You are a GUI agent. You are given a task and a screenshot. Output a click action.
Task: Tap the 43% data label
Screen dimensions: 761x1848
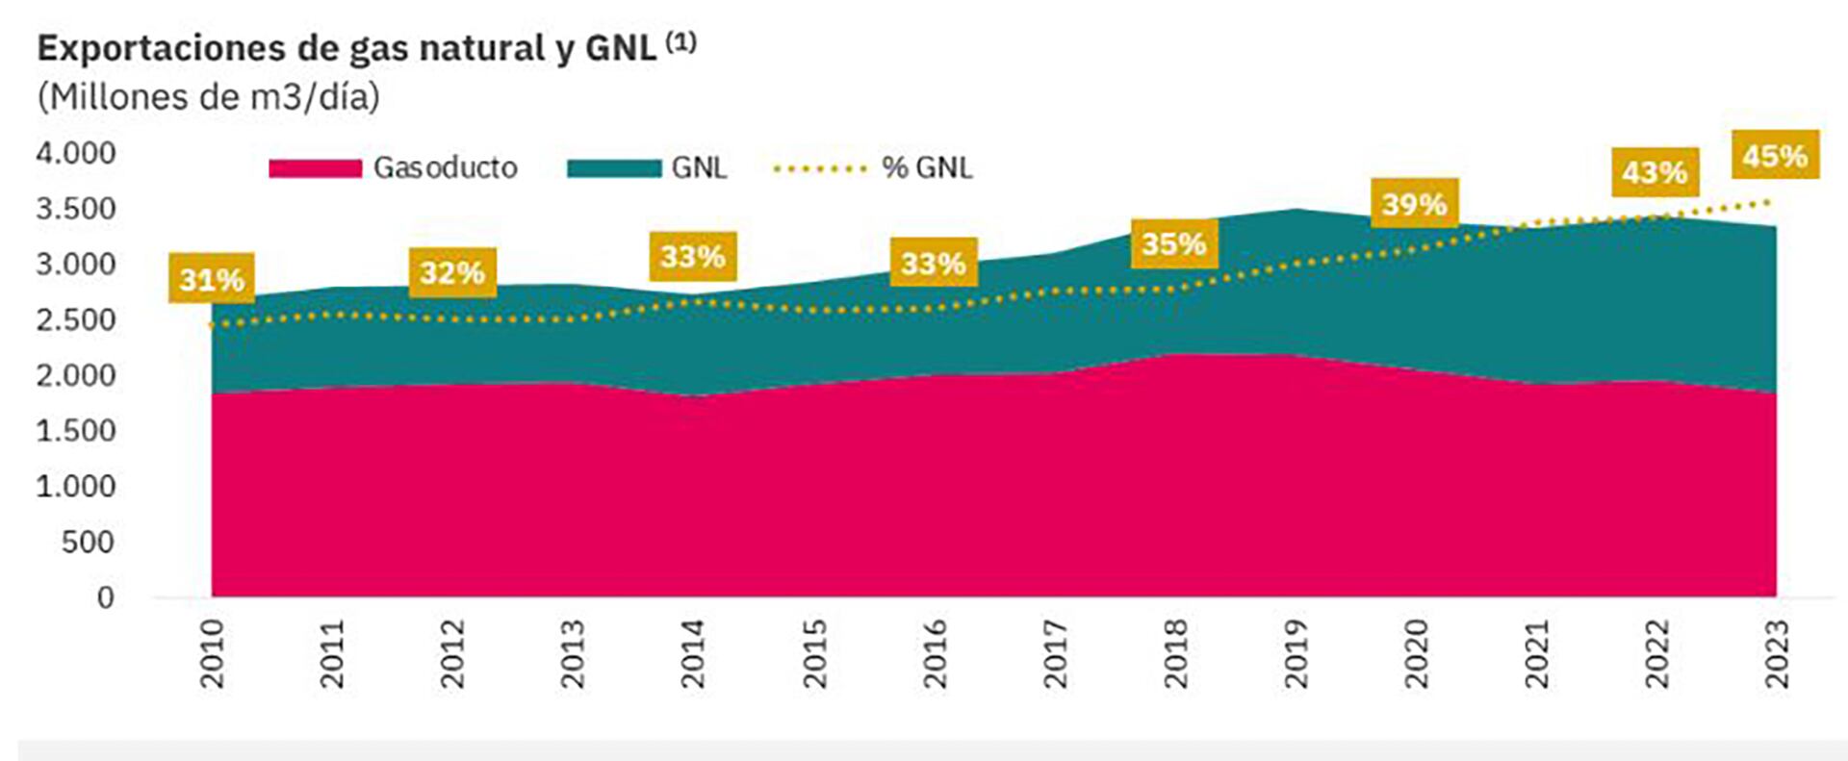(1655, 172)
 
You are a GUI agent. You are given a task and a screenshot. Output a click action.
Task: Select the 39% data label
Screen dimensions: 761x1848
(1414, 203)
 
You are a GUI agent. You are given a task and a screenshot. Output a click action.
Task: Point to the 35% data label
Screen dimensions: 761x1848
(1173, 243)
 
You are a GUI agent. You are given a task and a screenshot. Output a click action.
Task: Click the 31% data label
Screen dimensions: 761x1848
(212, 279)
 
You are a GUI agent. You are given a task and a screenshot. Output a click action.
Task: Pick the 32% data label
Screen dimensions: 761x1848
(452, 272)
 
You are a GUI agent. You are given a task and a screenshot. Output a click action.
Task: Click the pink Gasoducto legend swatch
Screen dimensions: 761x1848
(315, 168)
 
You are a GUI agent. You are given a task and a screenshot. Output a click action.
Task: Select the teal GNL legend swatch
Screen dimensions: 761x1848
(613, 168)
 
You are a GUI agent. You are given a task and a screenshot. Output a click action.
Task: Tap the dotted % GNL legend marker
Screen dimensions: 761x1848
(820, 168)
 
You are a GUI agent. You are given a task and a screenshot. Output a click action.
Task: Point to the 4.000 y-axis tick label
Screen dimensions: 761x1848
(76, 153)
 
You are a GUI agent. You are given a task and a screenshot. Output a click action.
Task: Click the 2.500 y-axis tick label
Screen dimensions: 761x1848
(76, 319)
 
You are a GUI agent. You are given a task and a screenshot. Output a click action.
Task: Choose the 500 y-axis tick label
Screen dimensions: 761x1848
(88, 542)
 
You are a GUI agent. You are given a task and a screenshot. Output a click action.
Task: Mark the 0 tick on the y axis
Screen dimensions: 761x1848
(105, 597)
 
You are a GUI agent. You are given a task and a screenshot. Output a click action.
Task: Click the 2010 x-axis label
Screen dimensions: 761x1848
(212, 653)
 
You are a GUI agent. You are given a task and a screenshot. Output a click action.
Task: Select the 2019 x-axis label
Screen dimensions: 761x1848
(1296, 653)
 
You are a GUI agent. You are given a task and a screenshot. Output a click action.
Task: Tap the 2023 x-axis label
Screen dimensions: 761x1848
(1777, 653)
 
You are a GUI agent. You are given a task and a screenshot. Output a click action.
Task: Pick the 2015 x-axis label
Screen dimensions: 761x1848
(814, 653)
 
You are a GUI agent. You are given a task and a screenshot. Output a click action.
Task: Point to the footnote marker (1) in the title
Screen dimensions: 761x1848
(680, 42)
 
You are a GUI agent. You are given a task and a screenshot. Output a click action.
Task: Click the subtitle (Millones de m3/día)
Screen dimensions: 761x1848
(208, 97)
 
